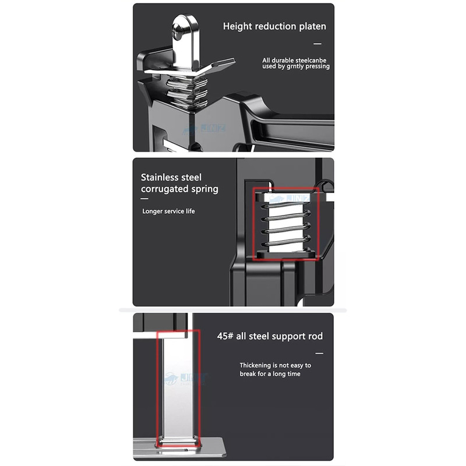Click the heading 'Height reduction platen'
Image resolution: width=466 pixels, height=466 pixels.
point(274,26)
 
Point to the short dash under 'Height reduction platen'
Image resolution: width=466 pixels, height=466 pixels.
point(317,44)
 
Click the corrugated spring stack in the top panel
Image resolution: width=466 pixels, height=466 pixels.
point(186,91)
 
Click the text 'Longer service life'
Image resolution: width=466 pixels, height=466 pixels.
point(168,211)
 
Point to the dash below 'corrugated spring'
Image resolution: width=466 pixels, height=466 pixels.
point(144,199)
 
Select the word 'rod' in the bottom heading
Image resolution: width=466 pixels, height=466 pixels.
point(315,336)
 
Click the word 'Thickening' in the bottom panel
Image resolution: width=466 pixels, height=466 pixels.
point(255,365)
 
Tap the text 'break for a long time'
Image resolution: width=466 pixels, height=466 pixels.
point(270,374)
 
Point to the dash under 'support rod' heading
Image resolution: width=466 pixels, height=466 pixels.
point(319,354)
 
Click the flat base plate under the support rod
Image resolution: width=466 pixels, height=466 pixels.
point(178,448)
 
